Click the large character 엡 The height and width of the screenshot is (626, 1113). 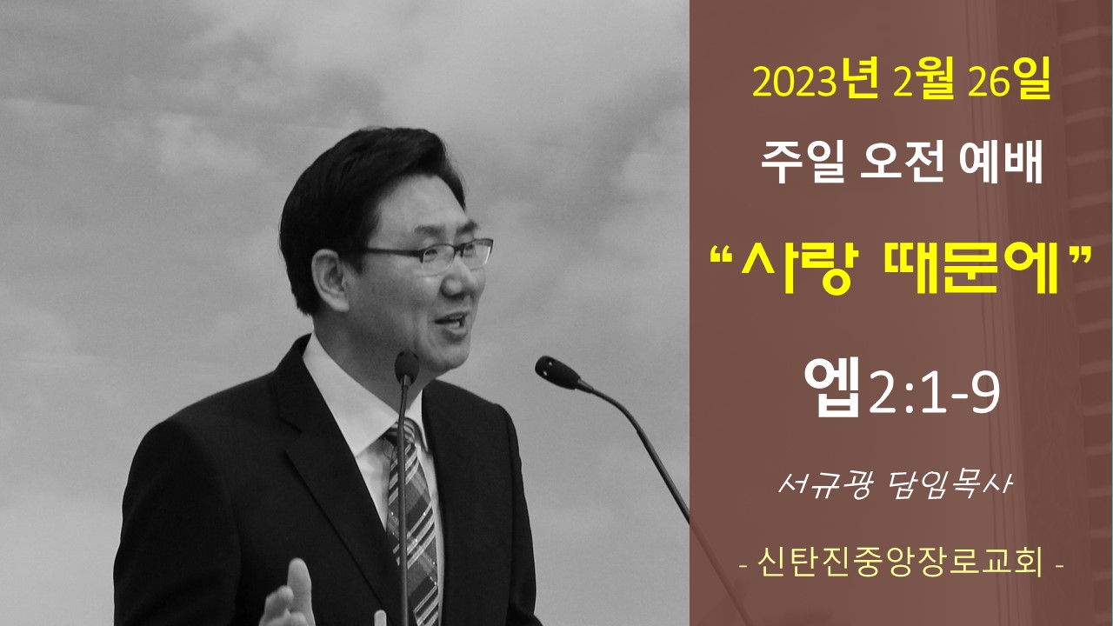tap(832, 386)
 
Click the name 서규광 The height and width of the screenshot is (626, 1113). tap(825, 485)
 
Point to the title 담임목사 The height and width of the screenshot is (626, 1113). tap(950, 485)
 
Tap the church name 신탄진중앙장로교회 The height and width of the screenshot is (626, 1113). tap(900, 563)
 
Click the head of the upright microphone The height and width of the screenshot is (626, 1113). tap(407, 367)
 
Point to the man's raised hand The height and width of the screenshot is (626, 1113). tap(289, 596)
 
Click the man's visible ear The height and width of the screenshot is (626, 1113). tap(330, 281)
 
